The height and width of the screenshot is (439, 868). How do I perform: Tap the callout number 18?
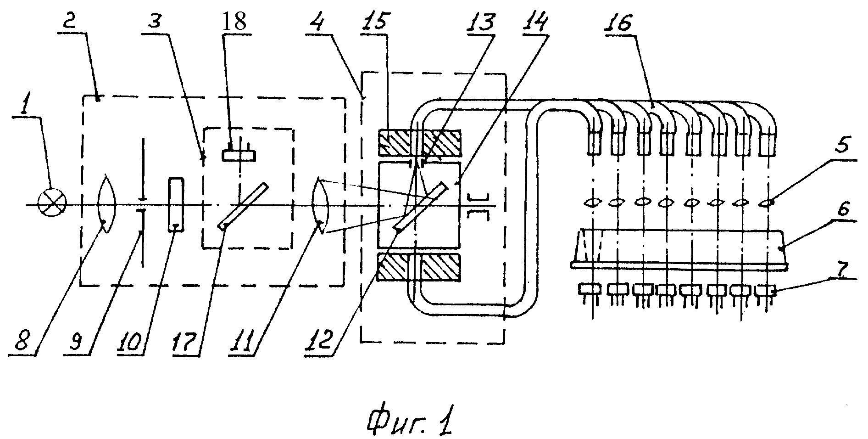coord(234,22)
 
